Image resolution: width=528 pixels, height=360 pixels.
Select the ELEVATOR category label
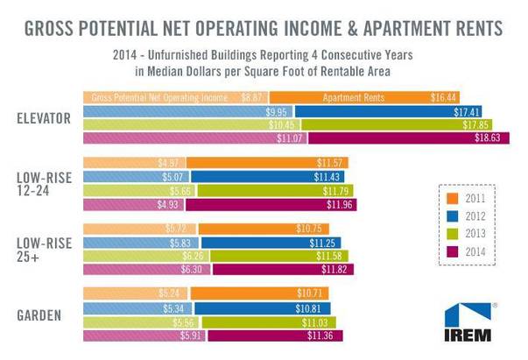click(x=45, y=117)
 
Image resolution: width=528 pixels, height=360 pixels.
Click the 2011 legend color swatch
click(x=448, y=198)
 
